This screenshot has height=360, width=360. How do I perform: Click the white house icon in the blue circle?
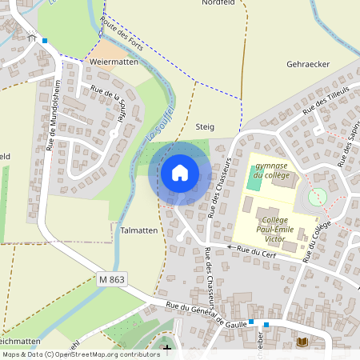(179, 172)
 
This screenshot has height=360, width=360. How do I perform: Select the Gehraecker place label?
(308, 63)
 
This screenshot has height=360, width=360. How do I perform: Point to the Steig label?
(205, 126)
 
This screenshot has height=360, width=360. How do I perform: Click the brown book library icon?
(302, 342)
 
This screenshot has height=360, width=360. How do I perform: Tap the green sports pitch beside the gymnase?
(254, 181)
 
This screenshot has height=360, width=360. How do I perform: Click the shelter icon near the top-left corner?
(32, 37)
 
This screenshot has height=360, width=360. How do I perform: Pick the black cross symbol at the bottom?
(166, 349)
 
